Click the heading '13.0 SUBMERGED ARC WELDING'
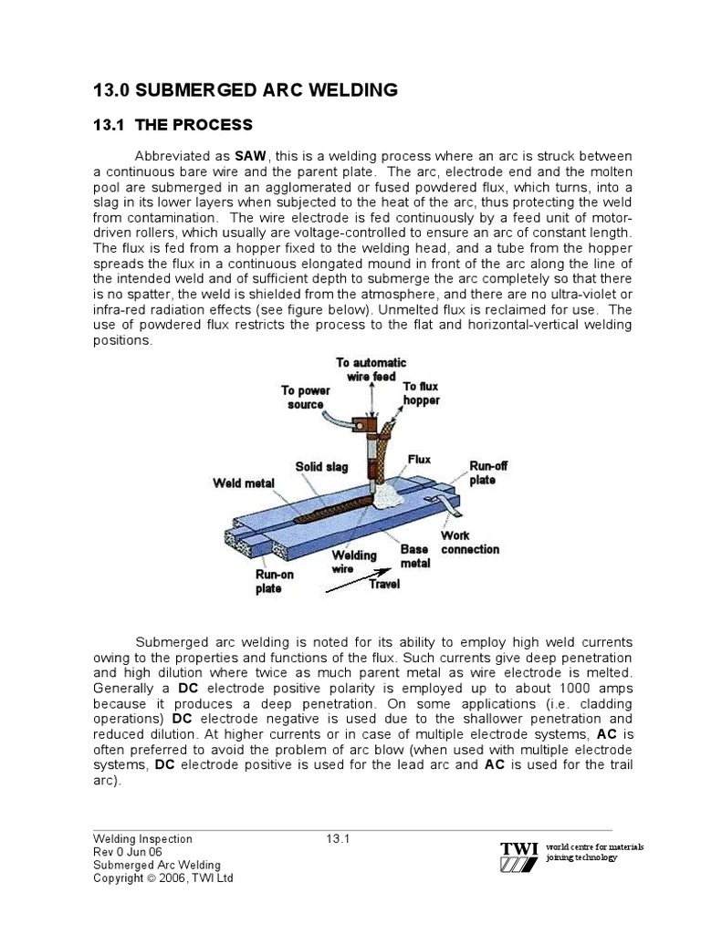[x=246, y=89]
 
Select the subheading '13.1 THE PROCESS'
[x=173, y=125]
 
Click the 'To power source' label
[x=306, y=398]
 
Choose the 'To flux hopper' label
[x=421, y=394]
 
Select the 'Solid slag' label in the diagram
[x=321, y=467]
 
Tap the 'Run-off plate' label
[x=488, y=472]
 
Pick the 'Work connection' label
[x=469, y=543]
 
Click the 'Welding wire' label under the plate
[x=353, y=561]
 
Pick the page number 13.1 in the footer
[x=339, y=838]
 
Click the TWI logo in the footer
[x=518, y=856]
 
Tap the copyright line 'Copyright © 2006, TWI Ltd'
[x=163, y=877]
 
